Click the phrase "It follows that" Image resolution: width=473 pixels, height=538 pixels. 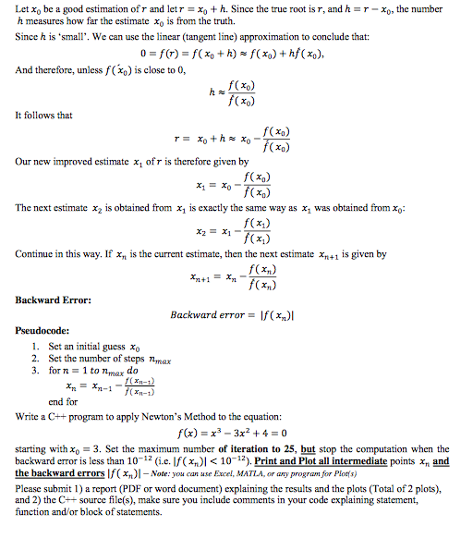pos(44,116)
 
